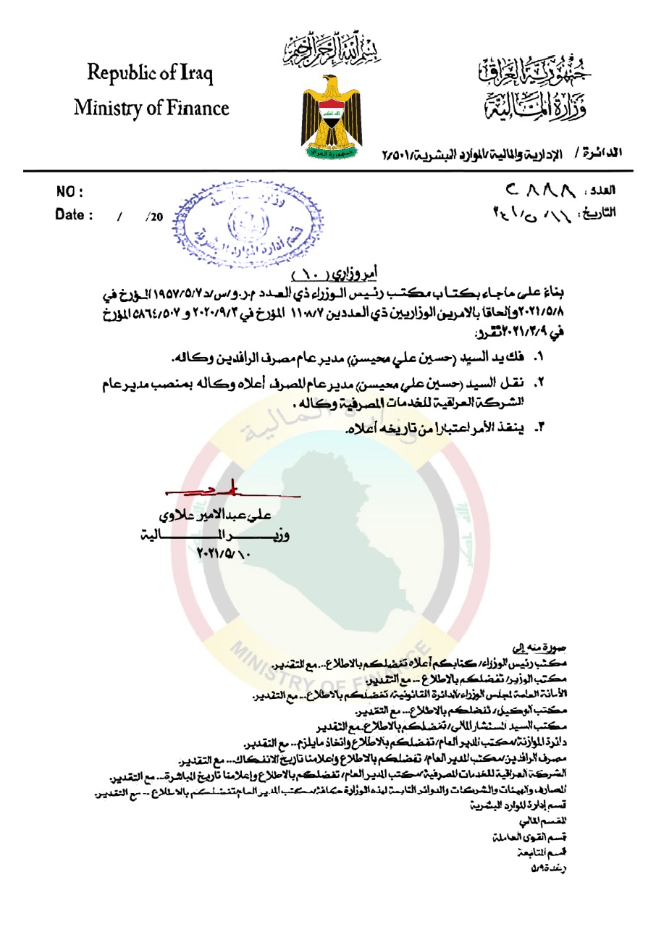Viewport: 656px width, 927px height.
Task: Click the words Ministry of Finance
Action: tap(151, 108)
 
